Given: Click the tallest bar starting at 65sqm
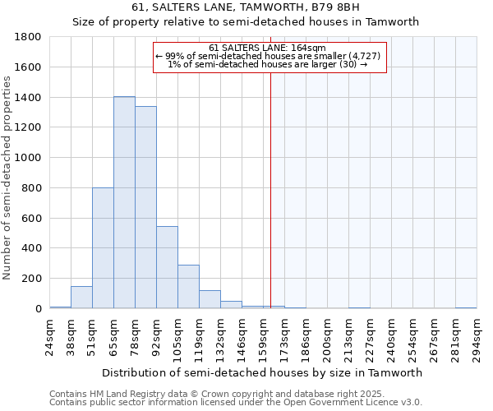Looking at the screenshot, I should (x=124, y=202).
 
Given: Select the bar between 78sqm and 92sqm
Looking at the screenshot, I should (x=145, y=207).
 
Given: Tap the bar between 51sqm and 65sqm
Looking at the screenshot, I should (x=103, y=247).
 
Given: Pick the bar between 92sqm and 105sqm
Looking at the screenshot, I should (x=167, y=267).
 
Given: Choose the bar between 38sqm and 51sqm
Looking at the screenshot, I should (x=81, y=297).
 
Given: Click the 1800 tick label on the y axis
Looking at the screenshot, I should (x=29, y=37).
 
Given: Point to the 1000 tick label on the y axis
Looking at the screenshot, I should (x=29, y=158).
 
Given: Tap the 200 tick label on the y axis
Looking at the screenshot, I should (x=32, y=279).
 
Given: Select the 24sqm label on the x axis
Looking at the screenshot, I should (x=50, y=336).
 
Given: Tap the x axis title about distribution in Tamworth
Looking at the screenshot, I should (x=263, y=372).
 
